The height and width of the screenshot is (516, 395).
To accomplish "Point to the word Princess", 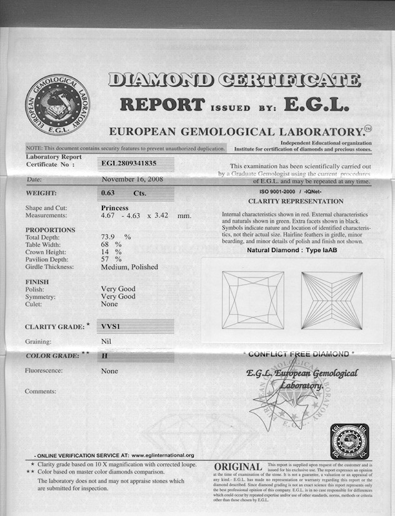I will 114,208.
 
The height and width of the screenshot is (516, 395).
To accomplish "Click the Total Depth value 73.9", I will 111,237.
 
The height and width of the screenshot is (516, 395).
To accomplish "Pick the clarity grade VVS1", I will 111,326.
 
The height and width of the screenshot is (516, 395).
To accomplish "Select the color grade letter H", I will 104,356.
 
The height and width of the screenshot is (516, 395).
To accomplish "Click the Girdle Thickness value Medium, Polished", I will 129,267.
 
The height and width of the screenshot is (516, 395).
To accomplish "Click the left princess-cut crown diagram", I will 252,300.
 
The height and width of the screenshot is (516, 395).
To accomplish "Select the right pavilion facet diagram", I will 331,300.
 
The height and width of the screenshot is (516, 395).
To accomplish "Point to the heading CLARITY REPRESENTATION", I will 296,202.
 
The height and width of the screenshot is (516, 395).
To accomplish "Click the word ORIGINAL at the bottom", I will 237,467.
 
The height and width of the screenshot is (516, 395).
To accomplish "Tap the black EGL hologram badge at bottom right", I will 349,442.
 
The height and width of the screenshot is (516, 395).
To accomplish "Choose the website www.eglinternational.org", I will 162,455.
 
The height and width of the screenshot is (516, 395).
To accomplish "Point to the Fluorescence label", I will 47,371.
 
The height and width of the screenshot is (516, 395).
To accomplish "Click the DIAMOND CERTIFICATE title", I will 234,80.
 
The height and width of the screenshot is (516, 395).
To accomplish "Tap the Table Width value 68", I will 107,245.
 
